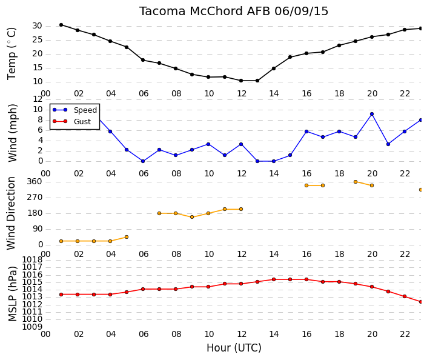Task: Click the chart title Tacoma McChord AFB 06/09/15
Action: point(234,12)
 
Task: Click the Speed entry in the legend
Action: point(85,110)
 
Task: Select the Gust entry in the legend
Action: point(82,122)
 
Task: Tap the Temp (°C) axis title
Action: point(12,54)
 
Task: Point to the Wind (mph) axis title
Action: point(13,133)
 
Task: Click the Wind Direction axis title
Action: point(11,213)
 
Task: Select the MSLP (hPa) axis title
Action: point(13,294)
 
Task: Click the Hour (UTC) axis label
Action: point(234,348)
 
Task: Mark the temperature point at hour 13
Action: point(257,81)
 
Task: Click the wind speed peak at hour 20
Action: point(372,114)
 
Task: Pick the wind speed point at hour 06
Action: point(143,161)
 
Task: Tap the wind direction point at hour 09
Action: point(192,217)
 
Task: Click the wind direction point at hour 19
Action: point(356,182)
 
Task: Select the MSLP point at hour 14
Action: point(274,279)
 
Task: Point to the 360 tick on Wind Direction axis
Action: point(35,182)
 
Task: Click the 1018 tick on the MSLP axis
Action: point(32,259)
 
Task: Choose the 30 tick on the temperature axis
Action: point(38,26)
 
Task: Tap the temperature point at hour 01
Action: point(61,25)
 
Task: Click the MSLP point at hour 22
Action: point(405,296)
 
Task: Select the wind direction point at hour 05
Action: point(127,237)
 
